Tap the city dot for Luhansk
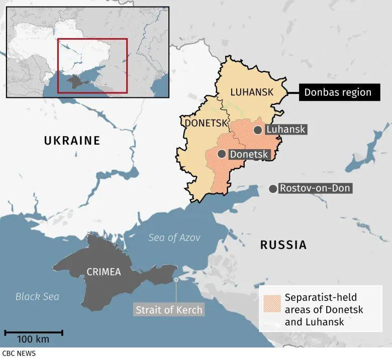257,130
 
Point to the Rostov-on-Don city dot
273,189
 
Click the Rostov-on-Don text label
315,189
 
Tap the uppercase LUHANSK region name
252,92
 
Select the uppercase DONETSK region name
204,123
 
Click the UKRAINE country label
72,141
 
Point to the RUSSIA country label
283,245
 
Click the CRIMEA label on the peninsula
104,272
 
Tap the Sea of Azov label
174,238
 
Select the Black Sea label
37,297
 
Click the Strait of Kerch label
169,310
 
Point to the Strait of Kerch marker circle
176,280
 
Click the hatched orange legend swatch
271,303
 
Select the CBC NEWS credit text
19,353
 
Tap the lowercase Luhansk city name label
285,130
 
